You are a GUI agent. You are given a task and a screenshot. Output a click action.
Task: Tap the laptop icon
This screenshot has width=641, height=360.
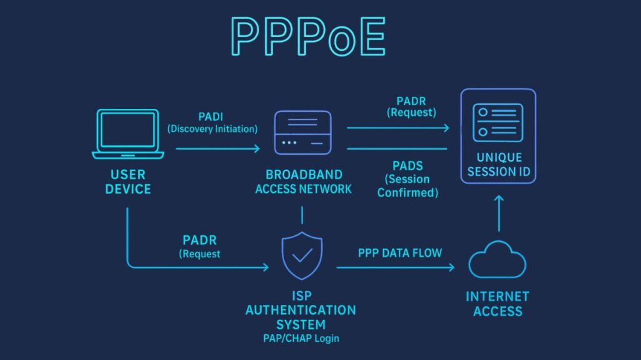[x=128, y=134]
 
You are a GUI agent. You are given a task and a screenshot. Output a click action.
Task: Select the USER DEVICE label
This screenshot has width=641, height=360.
[x=128, y=182]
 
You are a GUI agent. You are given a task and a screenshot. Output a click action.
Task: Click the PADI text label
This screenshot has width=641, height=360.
[x=212, y=116]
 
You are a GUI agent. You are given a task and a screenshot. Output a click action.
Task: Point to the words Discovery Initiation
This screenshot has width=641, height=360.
[x=213, y=129]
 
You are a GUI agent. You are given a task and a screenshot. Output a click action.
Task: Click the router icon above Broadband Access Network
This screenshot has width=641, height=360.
[x=302, y=132]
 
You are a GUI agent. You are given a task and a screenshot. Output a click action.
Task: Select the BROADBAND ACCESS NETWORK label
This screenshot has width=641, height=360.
[x=304, y=182]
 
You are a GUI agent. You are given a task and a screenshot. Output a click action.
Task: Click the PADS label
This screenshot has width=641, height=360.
[x=408, y=166]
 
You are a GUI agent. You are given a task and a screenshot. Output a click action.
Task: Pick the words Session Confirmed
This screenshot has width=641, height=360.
[x=408, y=186]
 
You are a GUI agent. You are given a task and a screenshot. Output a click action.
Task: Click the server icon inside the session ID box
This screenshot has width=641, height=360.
[x=498, y=123]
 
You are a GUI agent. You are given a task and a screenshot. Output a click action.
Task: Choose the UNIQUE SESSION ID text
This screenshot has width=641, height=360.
[x=498, y=164]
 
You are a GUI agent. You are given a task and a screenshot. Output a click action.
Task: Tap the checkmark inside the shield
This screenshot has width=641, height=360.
[x=303, y=255]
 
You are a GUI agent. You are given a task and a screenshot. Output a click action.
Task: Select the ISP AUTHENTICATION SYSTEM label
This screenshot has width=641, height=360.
[x=300, y=310]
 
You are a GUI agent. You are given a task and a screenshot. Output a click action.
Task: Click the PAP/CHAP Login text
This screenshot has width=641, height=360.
[x=300, y=339]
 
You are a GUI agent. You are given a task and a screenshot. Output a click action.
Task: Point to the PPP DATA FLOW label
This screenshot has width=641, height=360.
[x=399, y=253]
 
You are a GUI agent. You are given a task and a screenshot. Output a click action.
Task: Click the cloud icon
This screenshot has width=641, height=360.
[x=498, y=259]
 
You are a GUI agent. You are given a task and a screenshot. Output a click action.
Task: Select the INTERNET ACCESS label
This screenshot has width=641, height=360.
[x=498, y=304]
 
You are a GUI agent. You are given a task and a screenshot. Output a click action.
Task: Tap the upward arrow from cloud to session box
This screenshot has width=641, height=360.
[x=498, y=213]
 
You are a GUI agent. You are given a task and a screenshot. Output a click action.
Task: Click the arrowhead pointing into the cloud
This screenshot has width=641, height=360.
[x=451, y=267]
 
